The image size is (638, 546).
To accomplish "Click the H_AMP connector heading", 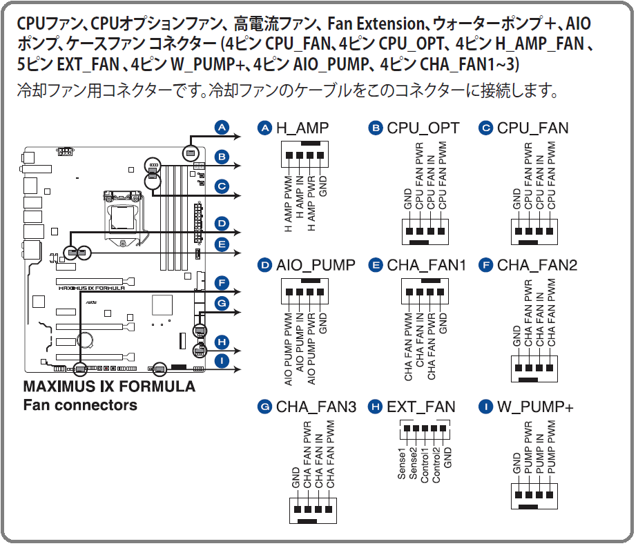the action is coord(302,128).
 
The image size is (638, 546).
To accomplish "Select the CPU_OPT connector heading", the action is coord(423,128).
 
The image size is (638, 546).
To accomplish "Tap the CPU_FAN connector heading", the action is coord(532,128).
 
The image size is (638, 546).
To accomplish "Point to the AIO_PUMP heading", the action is coord(316,266).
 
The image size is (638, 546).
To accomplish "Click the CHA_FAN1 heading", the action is coord(427,266).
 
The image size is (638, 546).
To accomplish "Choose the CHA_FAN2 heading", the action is coord(537,266).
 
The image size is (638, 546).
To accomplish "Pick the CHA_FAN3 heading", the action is coord(316,407).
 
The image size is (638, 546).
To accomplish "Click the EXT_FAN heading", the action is coord(421,407).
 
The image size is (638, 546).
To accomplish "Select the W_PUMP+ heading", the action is coord(535,407).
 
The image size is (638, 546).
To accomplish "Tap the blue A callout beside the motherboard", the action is coord(222,127).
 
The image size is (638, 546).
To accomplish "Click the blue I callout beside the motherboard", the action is coord(222,361).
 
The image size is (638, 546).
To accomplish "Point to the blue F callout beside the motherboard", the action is coord(222,283).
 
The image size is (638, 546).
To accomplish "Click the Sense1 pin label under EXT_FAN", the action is coord(402,464).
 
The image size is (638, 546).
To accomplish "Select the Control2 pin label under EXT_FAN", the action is coord(436,465).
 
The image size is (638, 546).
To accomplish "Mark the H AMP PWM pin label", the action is coord(288,204).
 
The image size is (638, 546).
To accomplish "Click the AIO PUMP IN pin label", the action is coord(300,342).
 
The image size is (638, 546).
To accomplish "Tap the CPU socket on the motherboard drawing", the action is coord(122,217).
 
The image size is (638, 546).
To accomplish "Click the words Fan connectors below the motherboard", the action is coord(80,405).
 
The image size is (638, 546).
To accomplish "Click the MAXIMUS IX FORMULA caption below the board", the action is coord(109,387).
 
